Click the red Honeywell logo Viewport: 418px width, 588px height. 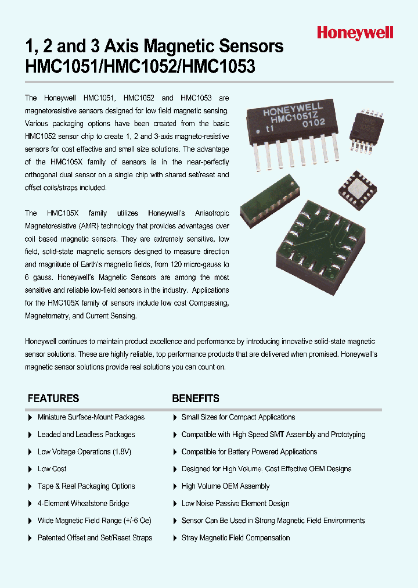pyautogui.click(x=355, y=33)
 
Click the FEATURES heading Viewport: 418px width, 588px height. pyautogui.click(x=53, y=399)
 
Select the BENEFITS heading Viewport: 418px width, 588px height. pyautogui.click(x=196, y=399)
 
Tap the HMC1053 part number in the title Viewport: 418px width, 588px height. pyautogui.click(x=219, y=67)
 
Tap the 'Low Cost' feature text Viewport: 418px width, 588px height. pyautogui.click(x=52, y=469)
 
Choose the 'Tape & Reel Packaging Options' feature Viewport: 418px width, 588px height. pyautogui.click(x=86, y=486)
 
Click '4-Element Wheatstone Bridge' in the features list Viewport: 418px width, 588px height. pyautogui.click(x=83, y=504)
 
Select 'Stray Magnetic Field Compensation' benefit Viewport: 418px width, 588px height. pyautogui.click(x=236, y=538)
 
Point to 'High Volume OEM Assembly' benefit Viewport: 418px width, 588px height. pyautogui.click(x=225, y=486)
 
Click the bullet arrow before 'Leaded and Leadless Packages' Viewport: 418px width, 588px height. pyautogui.click(x=30, y=435)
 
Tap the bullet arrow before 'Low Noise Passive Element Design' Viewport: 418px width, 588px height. pyautogui.click(x=175, y=504)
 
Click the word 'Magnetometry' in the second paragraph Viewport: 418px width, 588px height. pyautogui.click(x=46, y=315)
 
